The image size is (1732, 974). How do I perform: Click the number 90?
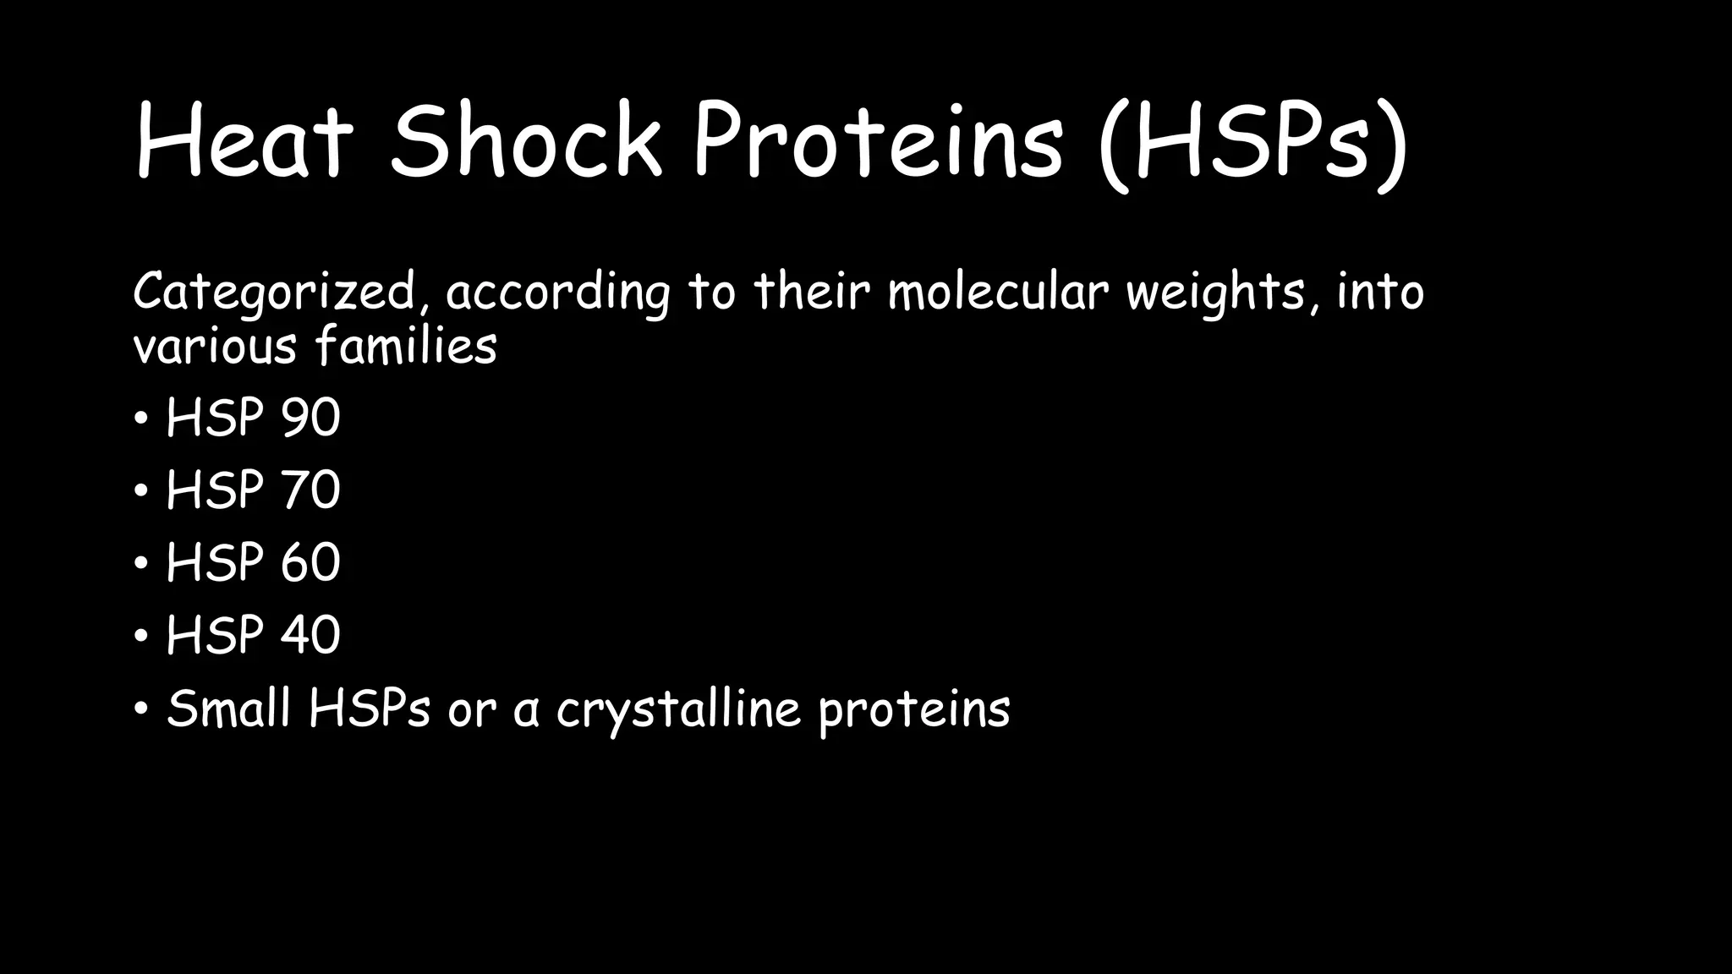point(310,418)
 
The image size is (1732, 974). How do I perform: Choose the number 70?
point(310,490)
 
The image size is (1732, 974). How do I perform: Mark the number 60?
point(310,563)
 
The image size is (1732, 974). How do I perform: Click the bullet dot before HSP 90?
point(141,419)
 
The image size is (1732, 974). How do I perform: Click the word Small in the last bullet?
point(229,709)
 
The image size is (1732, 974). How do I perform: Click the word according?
point(557,293)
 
